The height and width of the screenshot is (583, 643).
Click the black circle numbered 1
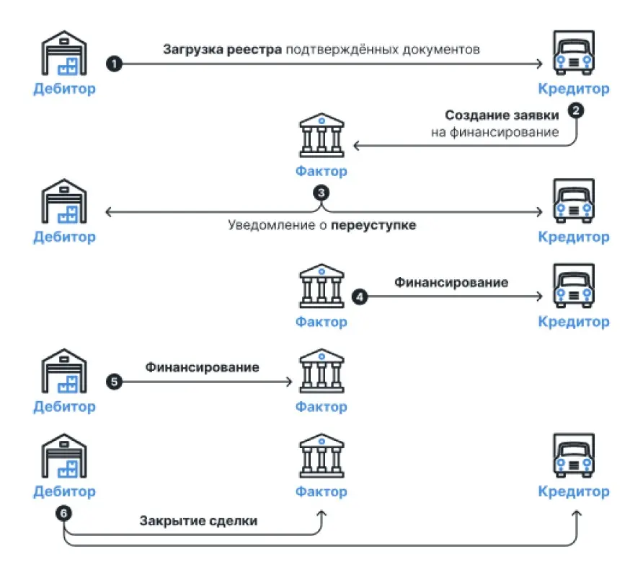(x=113, y=63)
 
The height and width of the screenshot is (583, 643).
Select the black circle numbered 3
(x=321, y=193)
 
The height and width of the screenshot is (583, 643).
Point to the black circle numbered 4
(x=358, y=296)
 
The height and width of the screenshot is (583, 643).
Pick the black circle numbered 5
(x=113, y=381)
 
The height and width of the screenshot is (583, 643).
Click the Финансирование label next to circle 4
(x=451, y=282)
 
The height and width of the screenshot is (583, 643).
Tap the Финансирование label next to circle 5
(x=202, y=367)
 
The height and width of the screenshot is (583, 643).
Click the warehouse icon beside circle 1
(x=64, y=54)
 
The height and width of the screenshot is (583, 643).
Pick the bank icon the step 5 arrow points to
(x=321, y=372)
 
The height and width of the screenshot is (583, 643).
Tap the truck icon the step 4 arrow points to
(x=574, y=286)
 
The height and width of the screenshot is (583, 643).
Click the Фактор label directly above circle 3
(x=321, y=172)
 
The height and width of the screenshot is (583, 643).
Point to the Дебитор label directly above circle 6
(x=64, y=492)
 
